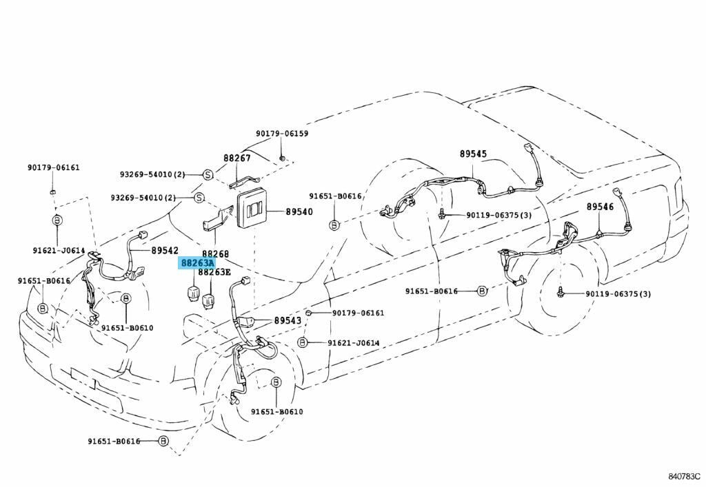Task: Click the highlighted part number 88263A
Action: (x=197, y=263)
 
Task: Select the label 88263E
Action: (x=214, y=272)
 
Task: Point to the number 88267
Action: (x=236, y=158)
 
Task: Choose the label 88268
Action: (x=215, y=253)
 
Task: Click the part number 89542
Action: (x=165, y=251)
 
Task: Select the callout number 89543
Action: (x=288, y=320)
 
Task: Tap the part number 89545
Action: (x=473, y=154)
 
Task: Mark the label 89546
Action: (x=600, y=206)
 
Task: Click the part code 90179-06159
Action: (x=282, y=134)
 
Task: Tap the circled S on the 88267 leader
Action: (x=207, y=175)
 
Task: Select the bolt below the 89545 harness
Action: (x=440, y=216)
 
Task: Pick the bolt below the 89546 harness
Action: (x=562, y=293)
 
